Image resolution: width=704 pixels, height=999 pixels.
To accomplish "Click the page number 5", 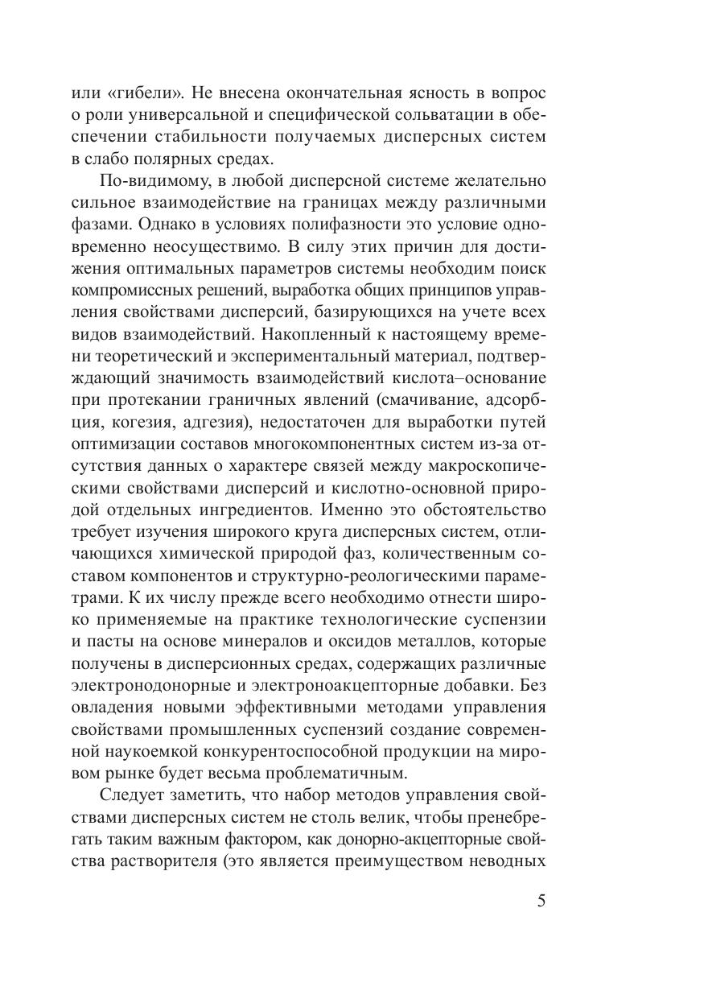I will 541,900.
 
